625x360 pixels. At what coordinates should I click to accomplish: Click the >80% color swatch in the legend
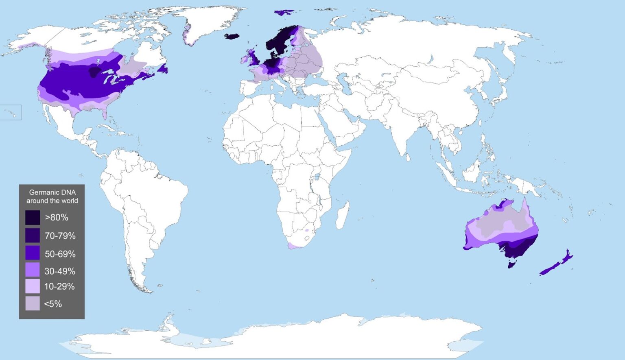tap(33, 218)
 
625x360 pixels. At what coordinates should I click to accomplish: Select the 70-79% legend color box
tap(33, 236)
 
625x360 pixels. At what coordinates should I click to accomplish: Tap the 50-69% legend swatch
tap(33, 253)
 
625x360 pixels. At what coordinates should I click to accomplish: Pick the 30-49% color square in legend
tap(33, 270)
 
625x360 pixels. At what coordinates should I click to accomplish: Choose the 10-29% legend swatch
tap(33, 286)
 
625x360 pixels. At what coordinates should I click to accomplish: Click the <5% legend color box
tap(33, 303)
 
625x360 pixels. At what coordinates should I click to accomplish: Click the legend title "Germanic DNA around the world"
tap(52, 196)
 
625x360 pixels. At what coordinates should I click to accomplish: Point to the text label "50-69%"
tap(60, 254)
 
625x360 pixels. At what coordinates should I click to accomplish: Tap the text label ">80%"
tap(57, 218)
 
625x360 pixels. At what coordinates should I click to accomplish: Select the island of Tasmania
tap(511, 264)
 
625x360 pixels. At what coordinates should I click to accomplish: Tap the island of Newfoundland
tap(164, 68)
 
